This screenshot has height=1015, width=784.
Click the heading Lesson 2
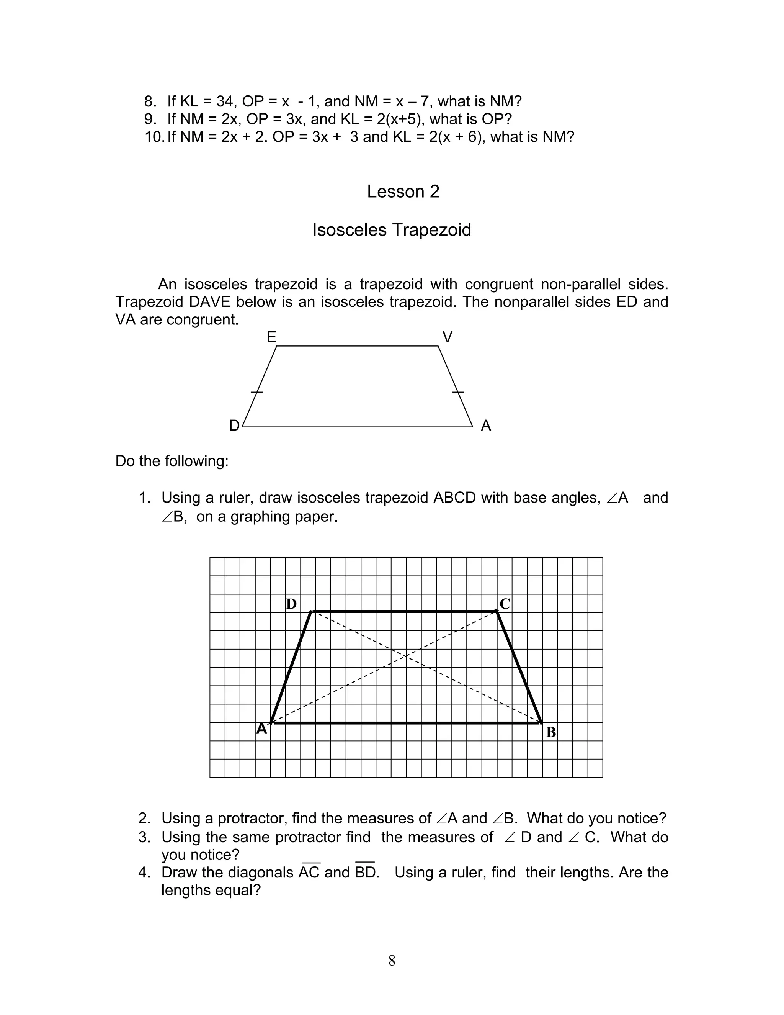tap(403, 192)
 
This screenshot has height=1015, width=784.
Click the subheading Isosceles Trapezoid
tap(392, 229)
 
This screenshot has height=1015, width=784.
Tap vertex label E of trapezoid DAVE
tap(272, 337)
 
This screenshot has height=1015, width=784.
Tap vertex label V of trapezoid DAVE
tap(447, 337)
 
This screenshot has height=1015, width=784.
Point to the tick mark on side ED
tap(257, 392)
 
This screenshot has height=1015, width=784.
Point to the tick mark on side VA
tap(458, 392)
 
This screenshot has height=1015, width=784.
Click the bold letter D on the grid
tap(291, 604)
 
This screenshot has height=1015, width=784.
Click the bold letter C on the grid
tap(505, 604)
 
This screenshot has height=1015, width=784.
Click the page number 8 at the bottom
tap(392, 960)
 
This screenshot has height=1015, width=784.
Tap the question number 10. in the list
tap(154, 137)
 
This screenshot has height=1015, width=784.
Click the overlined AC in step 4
tap(309, 872)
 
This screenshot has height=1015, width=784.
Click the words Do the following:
tap(172, 461)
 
